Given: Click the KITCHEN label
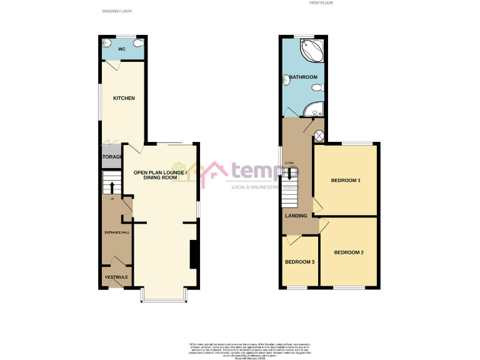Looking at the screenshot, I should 124,98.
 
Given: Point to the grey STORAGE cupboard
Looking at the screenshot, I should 110,157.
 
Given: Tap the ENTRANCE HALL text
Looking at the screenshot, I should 117,232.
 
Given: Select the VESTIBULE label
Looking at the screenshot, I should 116,277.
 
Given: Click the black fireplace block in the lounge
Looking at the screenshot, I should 194,252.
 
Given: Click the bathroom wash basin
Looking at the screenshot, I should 287,79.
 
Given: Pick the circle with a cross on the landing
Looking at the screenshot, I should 319,135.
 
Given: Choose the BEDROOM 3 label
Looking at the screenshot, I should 300,262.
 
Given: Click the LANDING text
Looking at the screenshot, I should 296,216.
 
